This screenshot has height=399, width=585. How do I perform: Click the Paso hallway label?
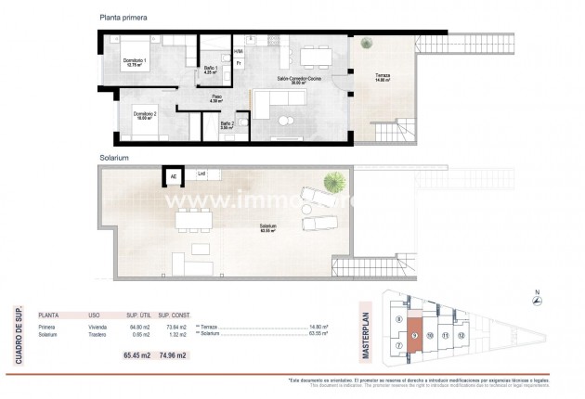coord(215,97)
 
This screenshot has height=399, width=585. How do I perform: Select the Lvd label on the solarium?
coord(201,173)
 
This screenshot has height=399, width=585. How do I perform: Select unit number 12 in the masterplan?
coord(461,334)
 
